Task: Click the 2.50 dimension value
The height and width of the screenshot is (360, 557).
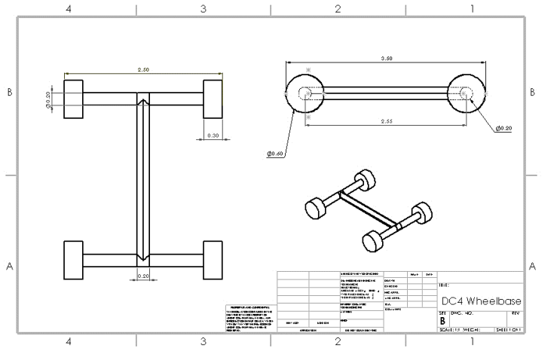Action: click(142, 69)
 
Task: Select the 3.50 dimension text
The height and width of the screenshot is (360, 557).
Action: click(387, 58)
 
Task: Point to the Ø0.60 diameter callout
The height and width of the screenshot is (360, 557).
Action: click(275, 154)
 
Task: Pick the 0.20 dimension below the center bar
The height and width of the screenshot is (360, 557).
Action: click(143, 276)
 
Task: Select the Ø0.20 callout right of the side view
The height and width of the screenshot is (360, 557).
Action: click(503, 129)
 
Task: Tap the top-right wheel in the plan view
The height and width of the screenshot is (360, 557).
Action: click(214, 99)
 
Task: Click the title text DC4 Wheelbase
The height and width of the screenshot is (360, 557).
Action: click(479, 300)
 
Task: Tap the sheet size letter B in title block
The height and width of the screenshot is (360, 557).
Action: click(442, 319)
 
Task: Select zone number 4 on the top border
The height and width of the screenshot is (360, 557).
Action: click(69, 9)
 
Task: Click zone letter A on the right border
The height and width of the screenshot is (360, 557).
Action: click(533, 267)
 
